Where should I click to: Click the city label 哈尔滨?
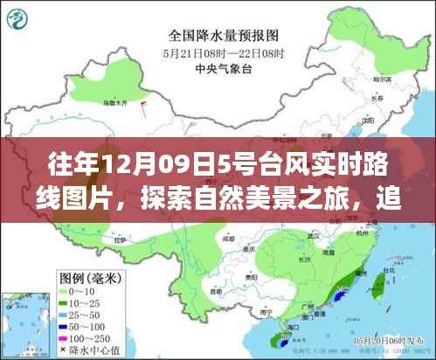click(378, 79)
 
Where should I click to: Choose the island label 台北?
click(377, 272)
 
